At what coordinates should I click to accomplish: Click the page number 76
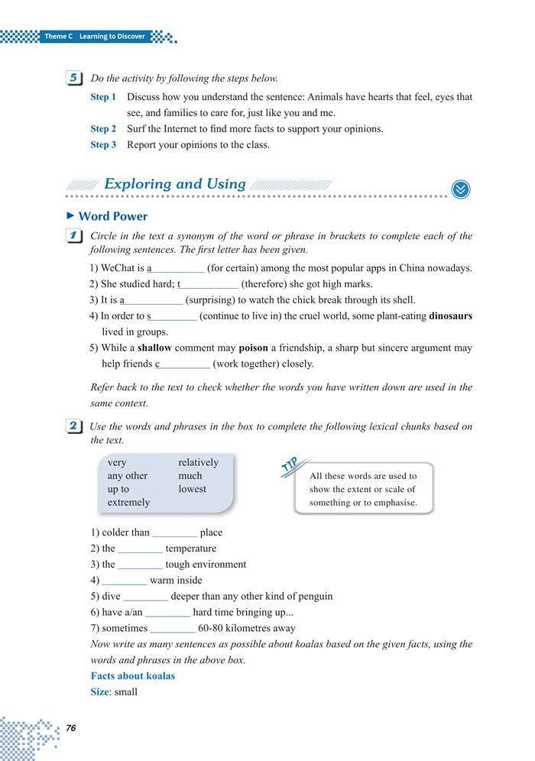(x=71, y=727)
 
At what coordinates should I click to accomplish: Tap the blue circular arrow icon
(x=461, y=189)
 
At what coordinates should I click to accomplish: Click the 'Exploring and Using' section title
(x=174, y=184)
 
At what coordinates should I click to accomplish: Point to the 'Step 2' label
(x=103, y=129)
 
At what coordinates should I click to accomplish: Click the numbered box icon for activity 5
(x=75, y=78)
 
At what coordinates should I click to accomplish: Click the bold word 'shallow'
(x=154, y=348)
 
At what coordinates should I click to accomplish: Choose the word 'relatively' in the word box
(x=198, y=462)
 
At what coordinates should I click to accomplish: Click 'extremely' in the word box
(x=128, y=502)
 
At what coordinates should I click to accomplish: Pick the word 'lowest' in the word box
(x=192, y=489)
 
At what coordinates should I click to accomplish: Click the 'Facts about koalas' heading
(x=133, y=676)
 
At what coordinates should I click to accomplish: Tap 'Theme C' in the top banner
(x=59, y=36)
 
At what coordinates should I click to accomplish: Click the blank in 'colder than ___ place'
(x=174, y=533)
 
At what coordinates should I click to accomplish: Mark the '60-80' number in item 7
(x=212, y=628)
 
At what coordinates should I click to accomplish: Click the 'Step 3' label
(x=103, y=144)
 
